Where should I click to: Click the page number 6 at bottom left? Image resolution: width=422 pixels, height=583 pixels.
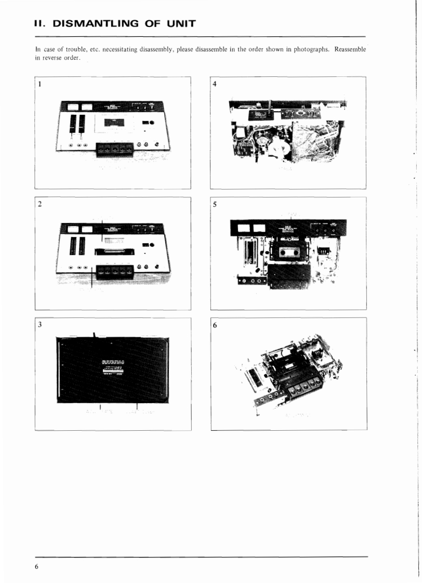click(37, 566)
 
